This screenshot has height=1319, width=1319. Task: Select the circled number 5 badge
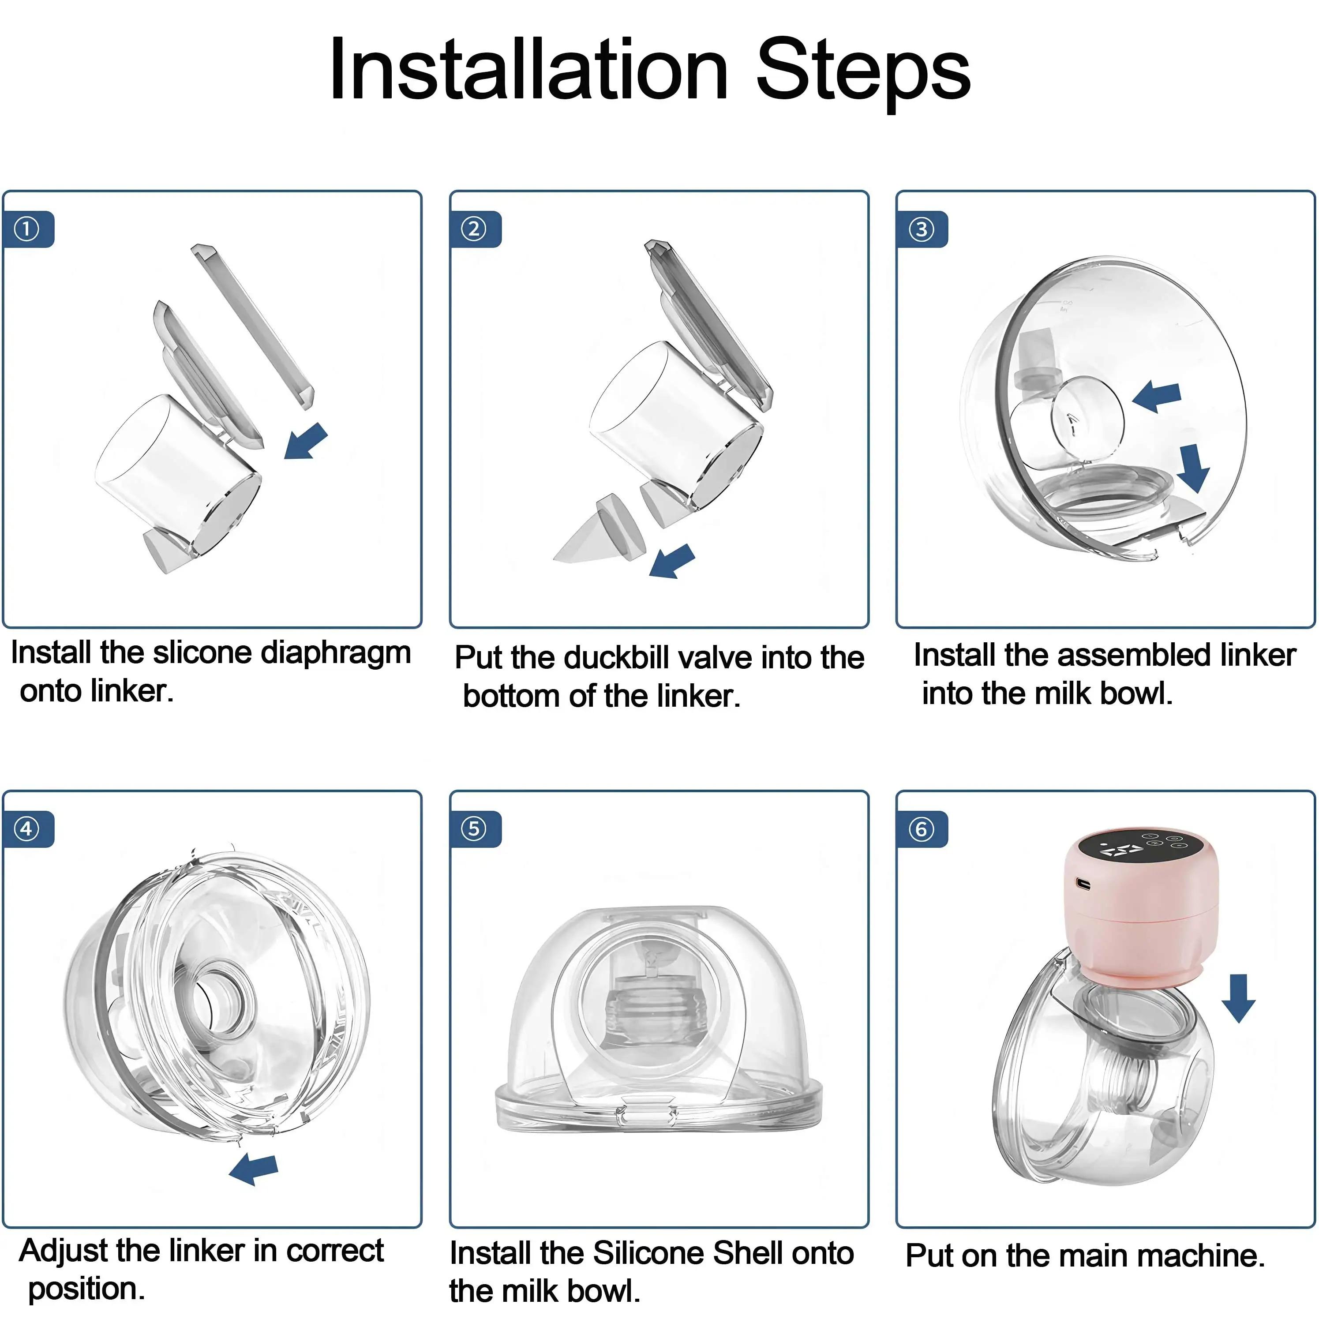pos(475,829)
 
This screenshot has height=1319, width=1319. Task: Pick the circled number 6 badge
pos(921,829)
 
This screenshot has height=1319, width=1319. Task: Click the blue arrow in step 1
pos(307,441)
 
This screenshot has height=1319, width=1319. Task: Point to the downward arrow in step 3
pos(1193,467)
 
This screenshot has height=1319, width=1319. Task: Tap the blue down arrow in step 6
pos(1238,997)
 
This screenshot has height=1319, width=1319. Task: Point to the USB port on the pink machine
pos(1083,884)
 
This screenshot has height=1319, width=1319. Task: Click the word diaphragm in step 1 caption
pos(336,653)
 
